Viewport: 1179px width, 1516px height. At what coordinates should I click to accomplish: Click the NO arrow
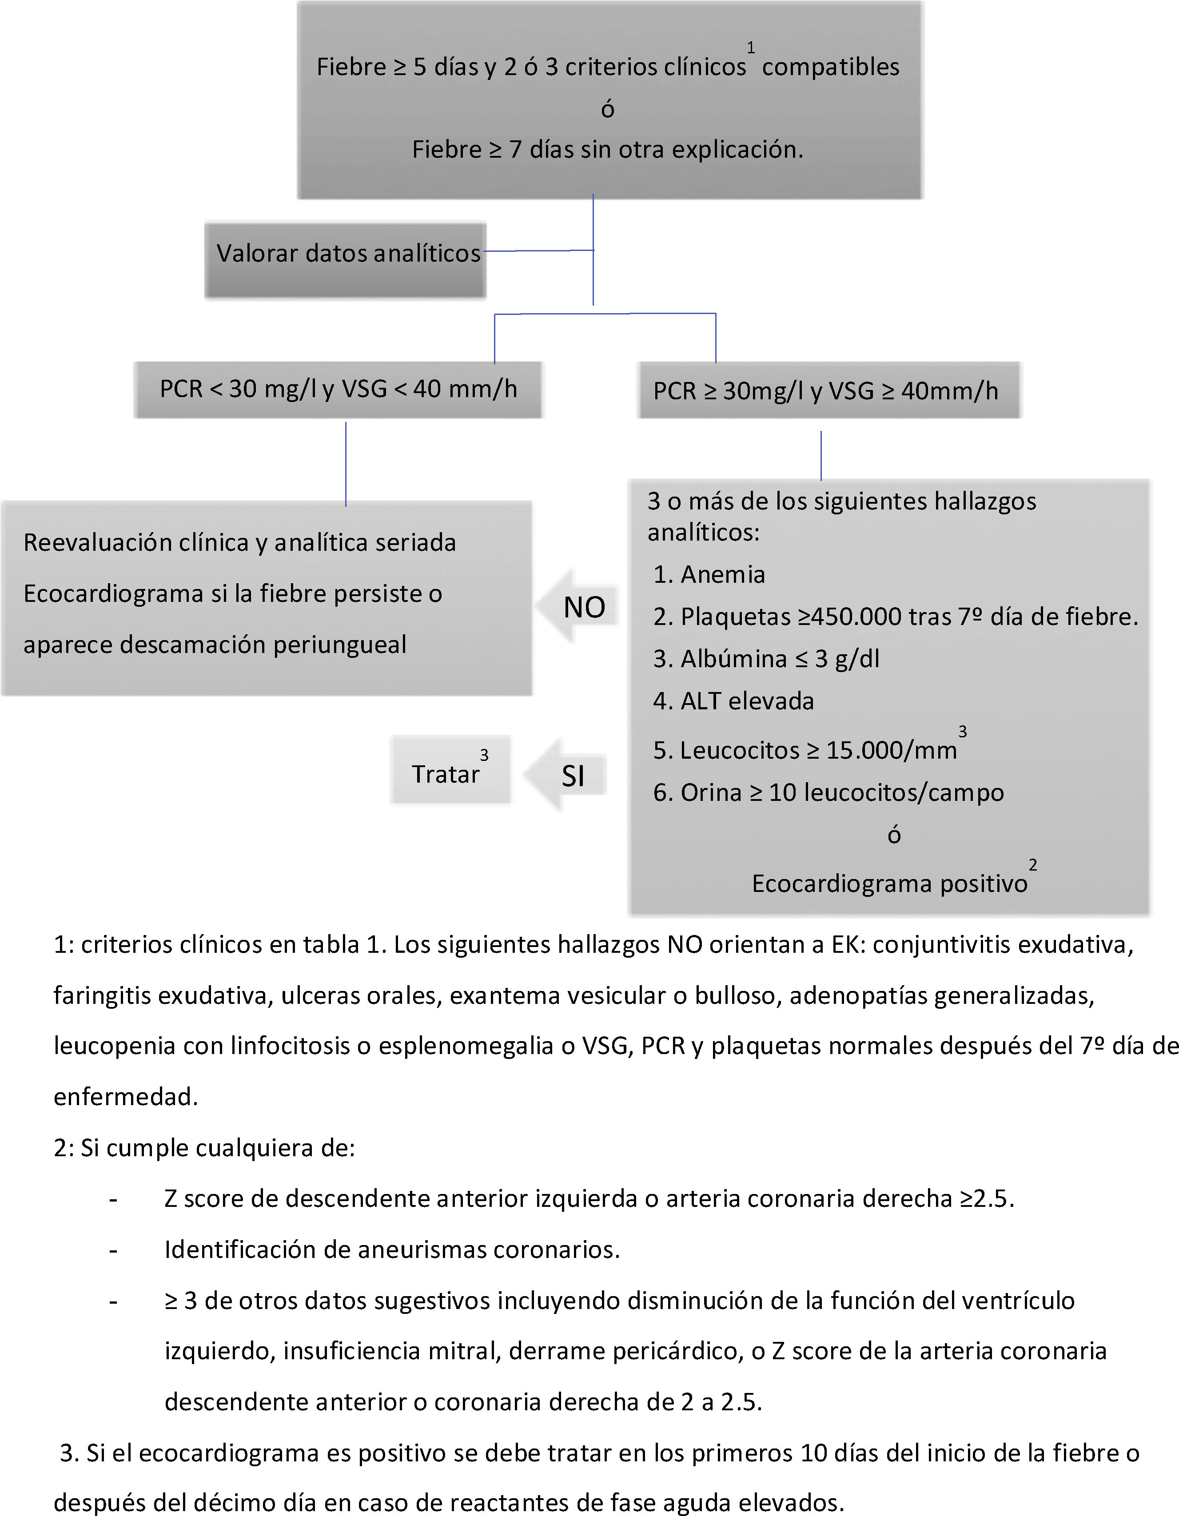580,607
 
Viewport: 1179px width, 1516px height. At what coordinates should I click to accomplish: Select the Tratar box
450,771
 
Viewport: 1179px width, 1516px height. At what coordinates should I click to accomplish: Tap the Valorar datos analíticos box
345,260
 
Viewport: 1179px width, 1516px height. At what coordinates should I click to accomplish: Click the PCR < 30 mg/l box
338,390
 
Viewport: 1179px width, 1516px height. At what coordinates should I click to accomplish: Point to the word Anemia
722,575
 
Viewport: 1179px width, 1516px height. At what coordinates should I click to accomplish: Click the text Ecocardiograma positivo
889,883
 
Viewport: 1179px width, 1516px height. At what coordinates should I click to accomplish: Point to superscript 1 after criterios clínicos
751,47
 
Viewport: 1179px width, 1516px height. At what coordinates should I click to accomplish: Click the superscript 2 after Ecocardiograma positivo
1032,865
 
